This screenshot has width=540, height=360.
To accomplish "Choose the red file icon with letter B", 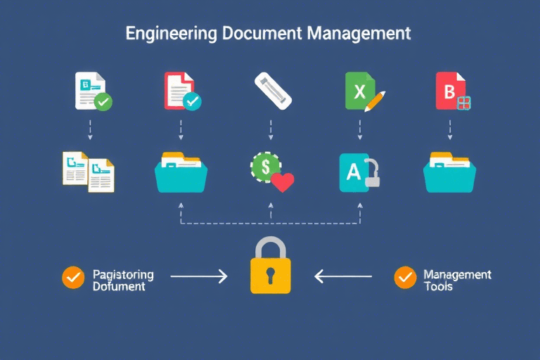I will click(x=449, y=91).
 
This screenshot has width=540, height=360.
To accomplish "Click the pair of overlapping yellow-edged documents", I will click(x=89, y=172).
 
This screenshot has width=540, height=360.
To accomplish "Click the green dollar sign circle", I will click(x=265, y=167).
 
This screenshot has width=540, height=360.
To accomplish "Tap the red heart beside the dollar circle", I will click(x=282, y=182).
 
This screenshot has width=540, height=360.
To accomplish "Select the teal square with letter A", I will click(x=353, y=172).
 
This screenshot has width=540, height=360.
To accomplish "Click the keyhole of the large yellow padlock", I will click(x=270, y=276).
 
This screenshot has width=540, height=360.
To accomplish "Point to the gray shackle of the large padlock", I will click(x=270, y=248).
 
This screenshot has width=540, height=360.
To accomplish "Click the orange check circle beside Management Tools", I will click(x=404, y=277).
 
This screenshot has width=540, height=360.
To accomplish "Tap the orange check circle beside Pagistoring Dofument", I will click(x=72, y=277).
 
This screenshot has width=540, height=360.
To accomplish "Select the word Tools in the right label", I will click(x=439, y=286).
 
